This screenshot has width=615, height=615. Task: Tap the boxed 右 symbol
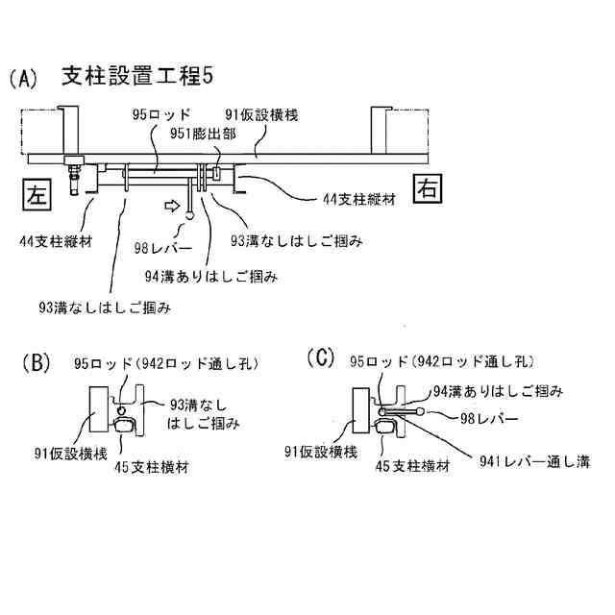pos(427,188)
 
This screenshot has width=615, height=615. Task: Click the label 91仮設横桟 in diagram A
pos(259,114)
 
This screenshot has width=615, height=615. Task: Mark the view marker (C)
pos(319,358)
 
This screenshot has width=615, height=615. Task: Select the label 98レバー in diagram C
pos(491,418)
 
